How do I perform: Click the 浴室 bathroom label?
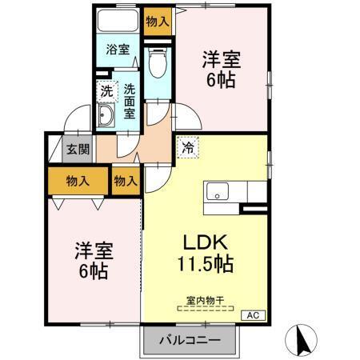click(118, 50)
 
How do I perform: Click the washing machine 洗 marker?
click(106, 91)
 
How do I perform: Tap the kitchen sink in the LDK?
click(217, 193)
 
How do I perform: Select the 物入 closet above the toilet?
click(158, 22)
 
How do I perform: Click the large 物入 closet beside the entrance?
click(78, 181)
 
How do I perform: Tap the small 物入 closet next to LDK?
click(126, 181)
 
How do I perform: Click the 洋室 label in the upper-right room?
click(221, 60)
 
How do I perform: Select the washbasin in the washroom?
click(106, 118)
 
